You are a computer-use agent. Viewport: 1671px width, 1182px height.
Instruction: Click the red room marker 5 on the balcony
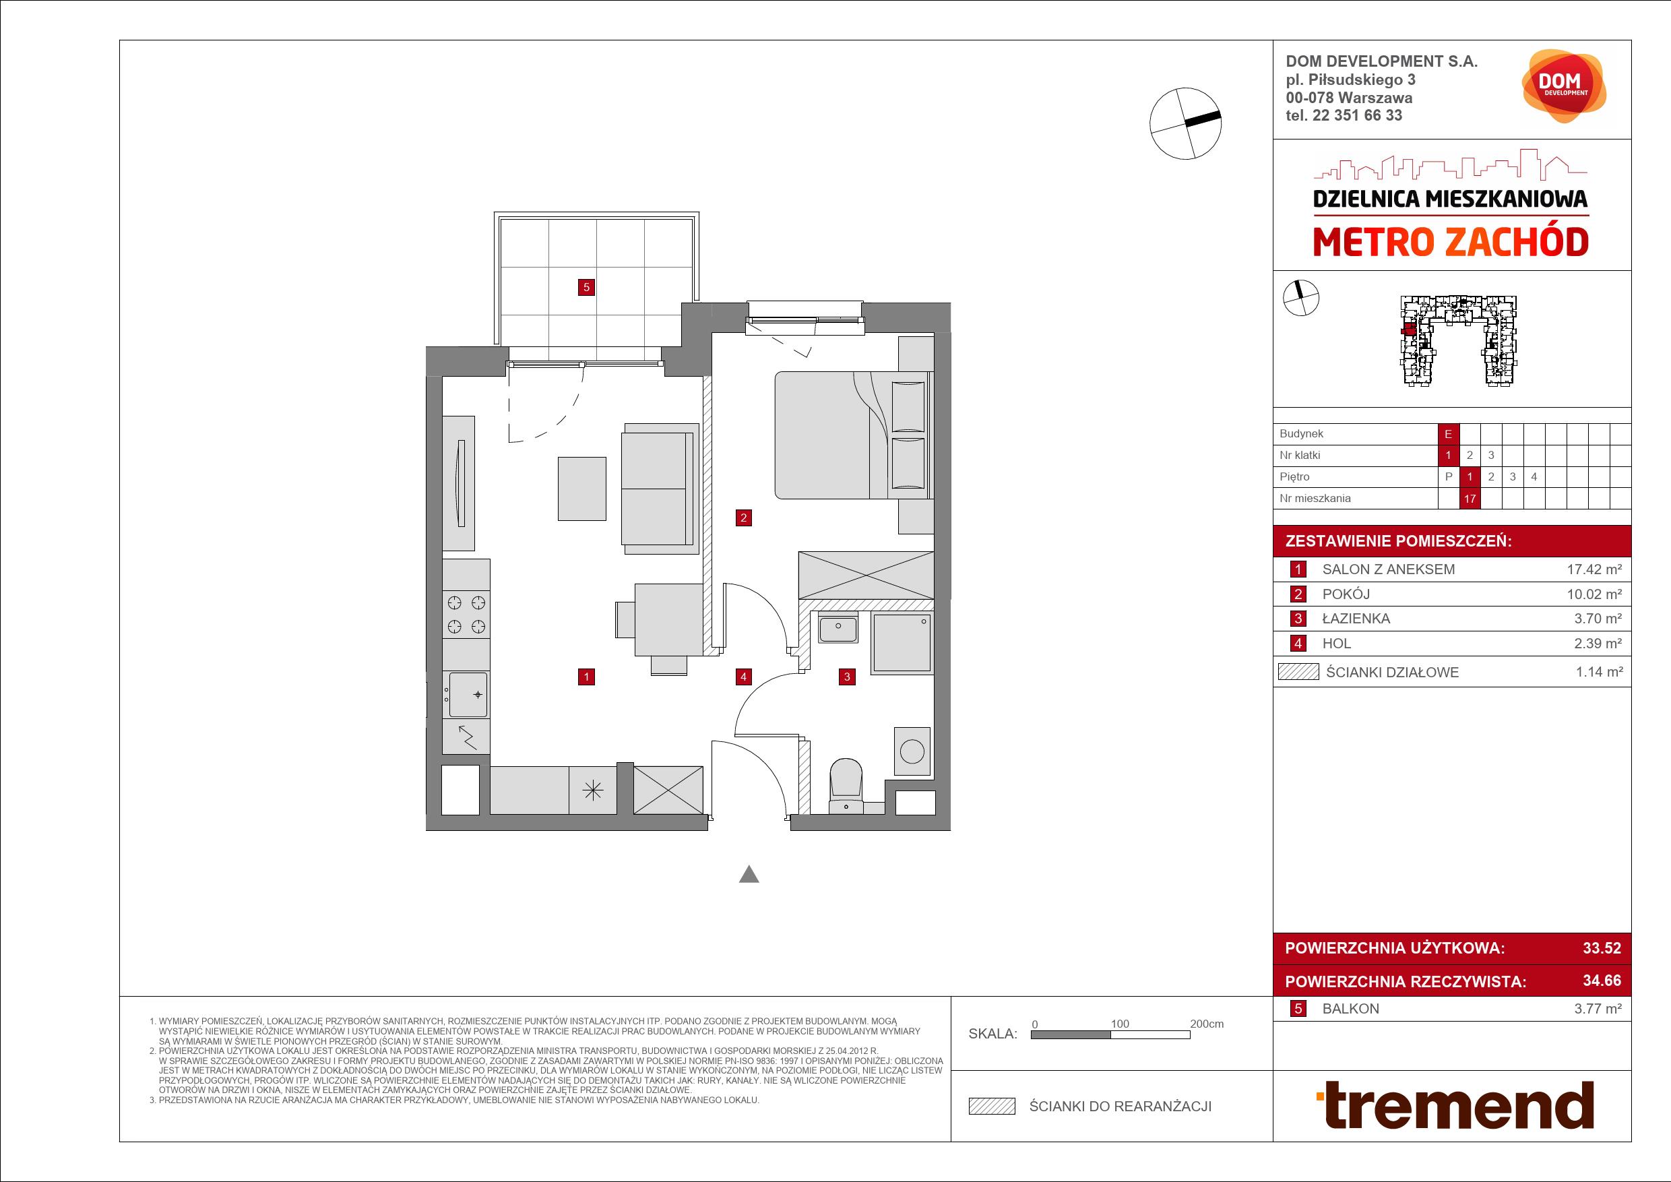[586, 287]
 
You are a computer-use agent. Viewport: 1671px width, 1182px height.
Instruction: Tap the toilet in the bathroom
[846, 785]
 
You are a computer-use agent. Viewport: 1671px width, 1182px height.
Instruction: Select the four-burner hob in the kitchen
[466, 615]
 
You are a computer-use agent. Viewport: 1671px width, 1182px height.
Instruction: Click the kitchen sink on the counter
[466, 694]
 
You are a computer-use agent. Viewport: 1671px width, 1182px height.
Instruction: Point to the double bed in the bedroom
[853, 435]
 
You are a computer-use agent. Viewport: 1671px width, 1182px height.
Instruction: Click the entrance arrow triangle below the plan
[749, 874]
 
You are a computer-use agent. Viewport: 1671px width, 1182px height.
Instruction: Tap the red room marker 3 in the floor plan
[846, 677]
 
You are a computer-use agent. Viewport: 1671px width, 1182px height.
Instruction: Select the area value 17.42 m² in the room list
[1594, 569]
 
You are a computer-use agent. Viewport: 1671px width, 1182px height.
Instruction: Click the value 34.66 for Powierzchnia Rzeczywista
[1602, 981]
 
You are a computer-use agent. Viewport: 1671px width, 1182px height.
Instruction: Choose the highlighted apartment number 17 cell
[1470, 499]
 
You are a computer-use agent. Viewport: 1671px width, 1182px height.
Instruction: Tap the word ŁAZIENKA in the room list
[1356, 619]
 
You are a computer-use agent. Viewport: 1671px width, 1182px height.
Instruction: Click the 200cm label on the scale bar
[1207, 1024]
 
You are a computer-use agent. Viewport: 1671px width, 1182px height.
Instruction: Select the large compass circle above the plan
[1185, 123]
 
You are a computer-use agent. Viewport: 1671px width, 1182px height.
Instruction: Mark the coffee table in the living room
[581, 489]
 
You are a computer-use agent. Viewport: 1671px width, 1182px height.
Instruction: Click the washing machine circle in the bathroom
[912, 751]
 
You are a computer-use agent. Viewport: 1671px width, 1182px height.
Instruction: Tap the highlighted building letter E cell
[1448, 434]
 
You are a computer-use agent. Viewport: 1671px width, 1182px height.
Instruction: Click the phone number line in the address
[1344, 115]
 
